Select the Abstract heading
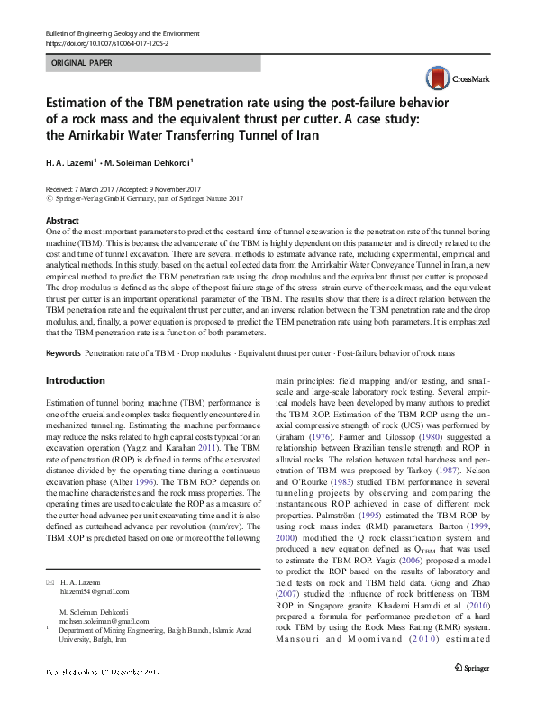click(61, 221)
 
